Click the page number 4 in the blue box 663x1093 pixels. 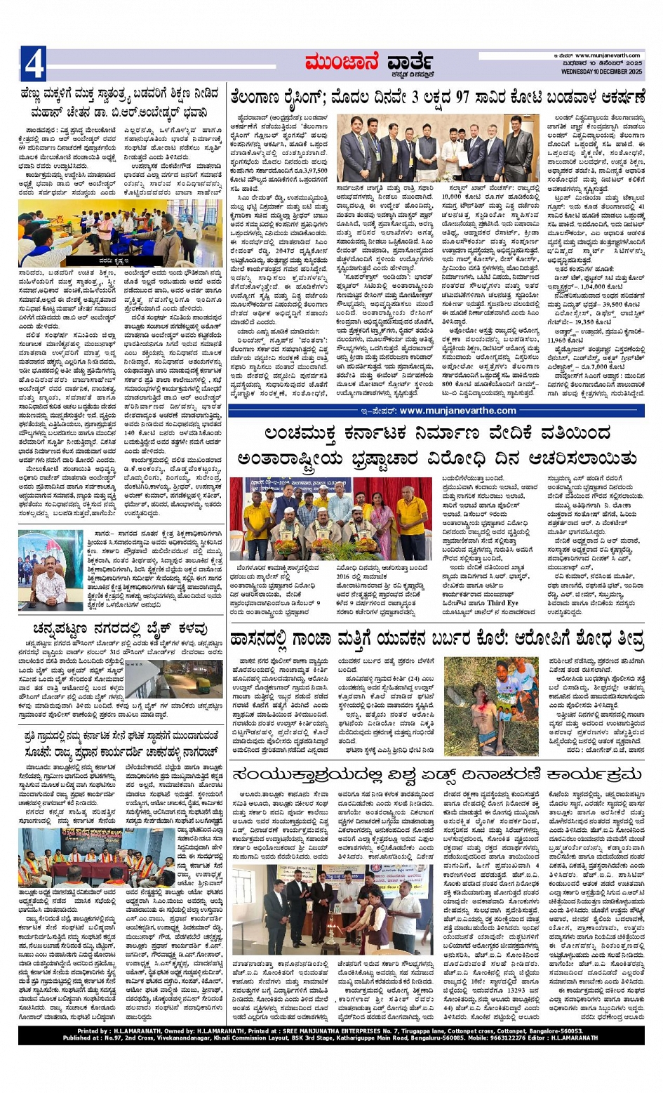point(34,64)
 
